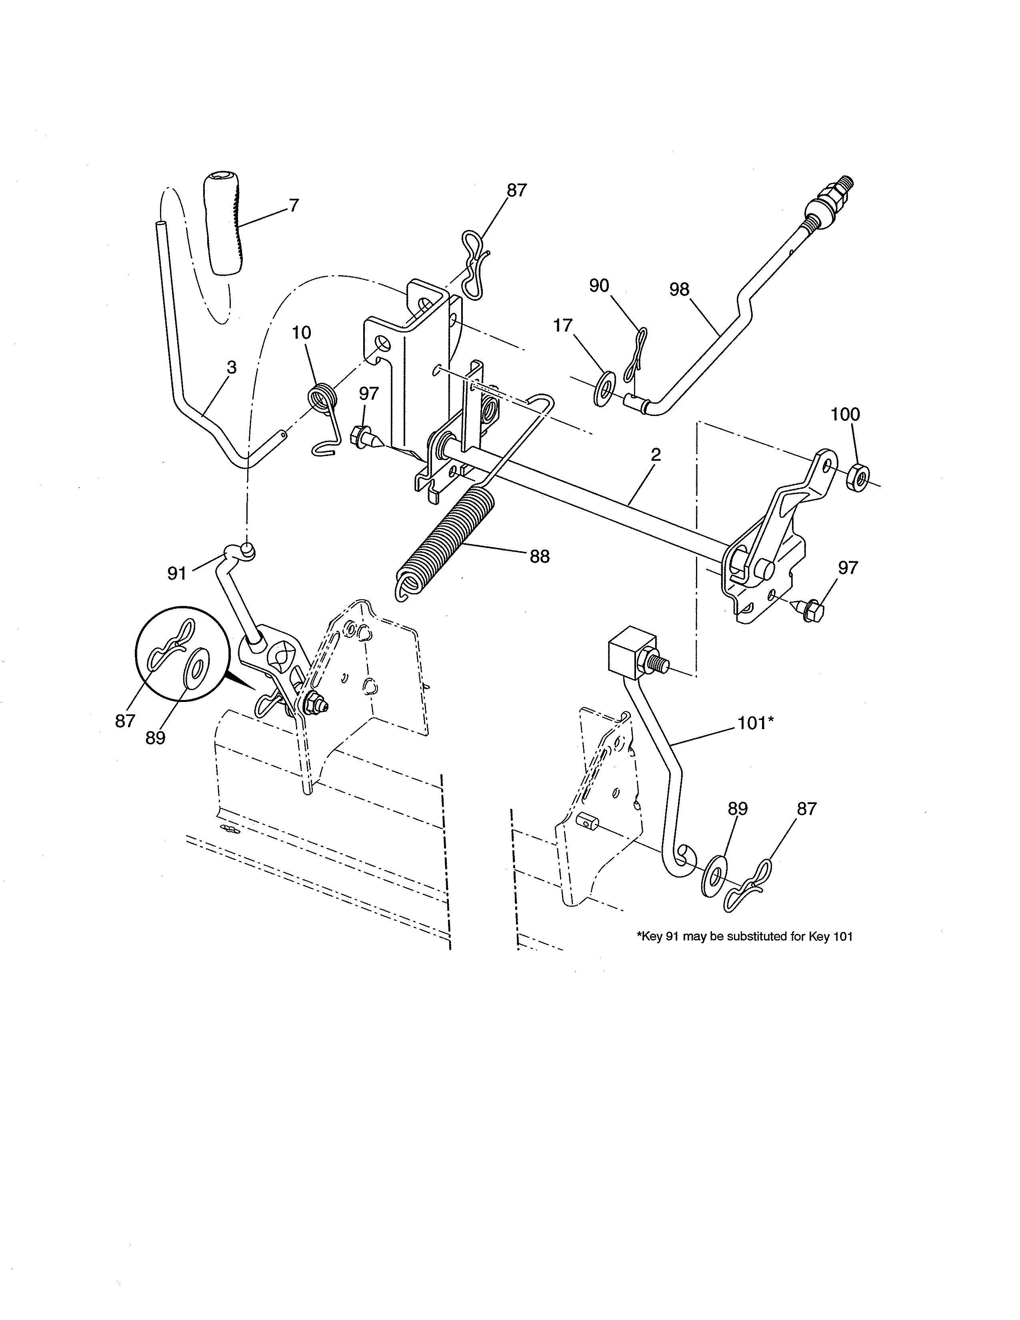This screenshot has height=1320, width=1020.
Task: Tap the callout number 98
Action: [679, 290]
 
